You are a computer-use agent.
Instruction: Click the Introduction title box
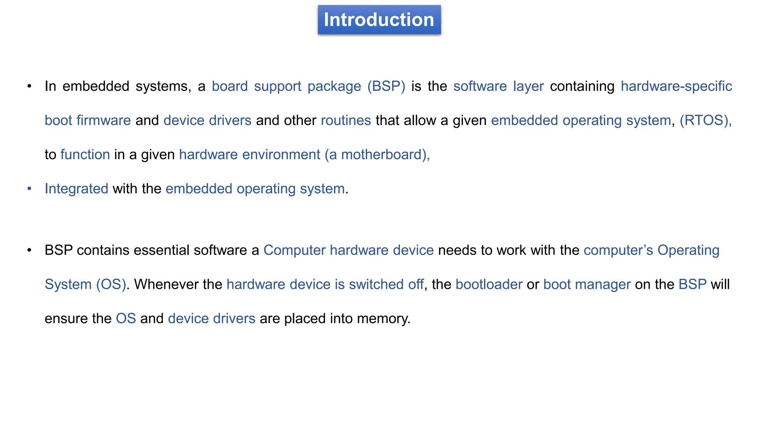point(379,20)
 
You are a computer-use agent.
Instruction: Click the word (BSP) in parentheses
point(386,86)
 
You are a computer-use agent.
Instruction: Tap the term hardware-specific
point(676,86)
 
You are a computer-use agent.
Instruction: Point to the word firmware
point(103,120)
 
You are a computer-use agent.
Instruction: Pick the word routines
point(346,120)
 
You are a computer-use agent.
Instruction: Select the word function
point(85,155)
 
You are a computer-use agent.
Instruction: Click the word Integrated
point(76,189)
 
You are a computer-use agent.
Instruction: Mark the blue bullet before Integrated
point(29,189)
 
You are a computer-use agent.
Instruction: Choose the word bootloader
point(489,284)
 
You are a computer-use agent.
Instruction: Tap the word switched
point(376,284)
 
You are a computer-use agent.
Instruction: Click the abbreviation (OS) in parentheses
point(111,284)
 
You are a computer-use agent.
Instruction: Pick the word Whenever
point(166,284)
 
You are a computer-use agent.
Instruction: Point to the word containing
point(582,86)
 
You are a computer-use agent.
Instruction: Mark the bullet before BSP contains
point(29,250)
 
